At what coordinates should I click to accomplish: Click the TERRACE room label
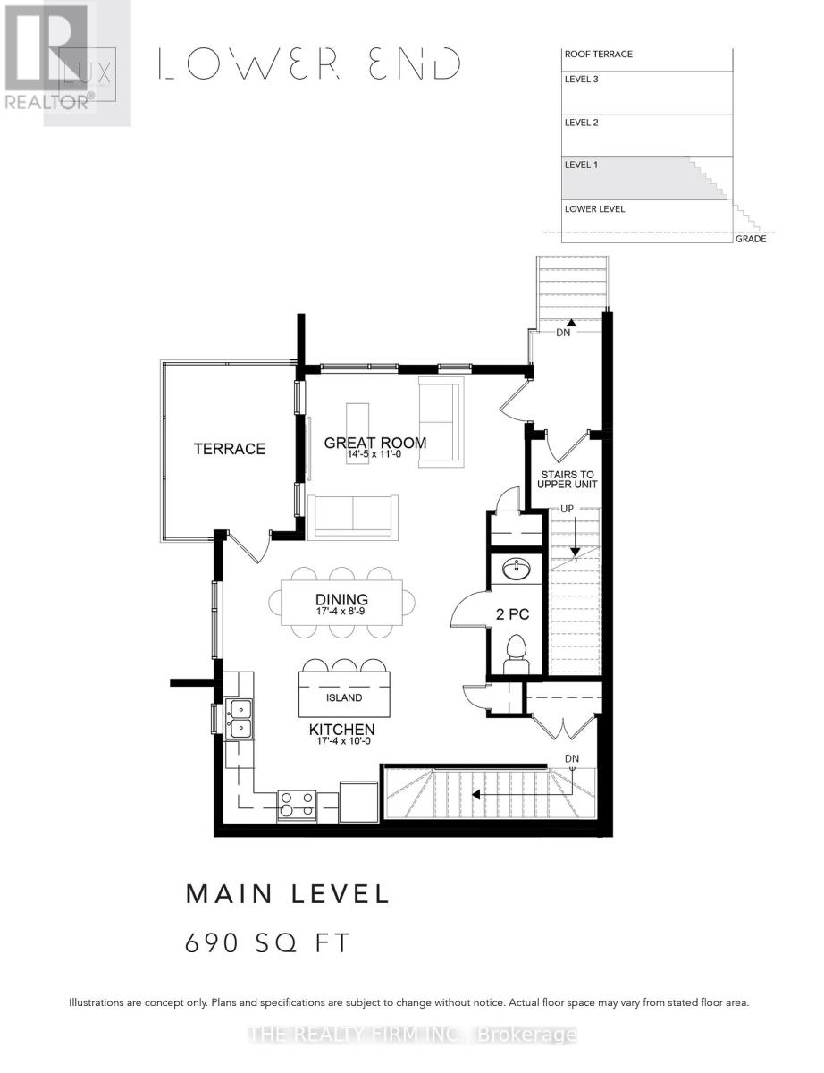(230, 449)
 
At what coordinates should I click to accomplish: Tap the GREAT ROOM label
(374, 443)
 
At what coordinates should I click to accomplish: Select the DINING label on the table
(341, 600)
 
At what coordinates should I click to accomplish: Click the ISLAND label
(344, 697)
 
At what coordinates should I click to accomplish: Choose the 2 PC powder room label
(513, 614)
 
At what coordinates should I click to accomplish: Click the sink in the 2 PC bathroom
(516, 569)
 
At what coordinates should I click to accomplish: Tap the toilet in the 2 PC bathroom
(517, 648)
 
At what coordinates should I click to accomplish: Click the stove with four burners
(297, 805)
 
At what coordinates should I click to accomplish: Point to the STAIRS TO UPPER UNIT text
(566, 479)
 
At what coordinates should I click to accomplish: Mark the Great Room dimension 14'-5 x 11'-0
(375, 455)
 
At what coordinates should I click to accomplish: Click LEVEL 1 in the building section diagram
(581, 165)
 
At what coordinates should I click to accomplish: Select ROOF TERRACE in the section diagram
(598, 55)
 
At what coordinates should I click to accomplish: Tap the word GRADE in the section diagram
(750, 239)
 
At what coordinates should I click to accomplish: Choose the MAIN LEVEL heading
(287, 893)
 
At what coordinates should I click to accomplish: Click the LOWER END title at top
(309, 64)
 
